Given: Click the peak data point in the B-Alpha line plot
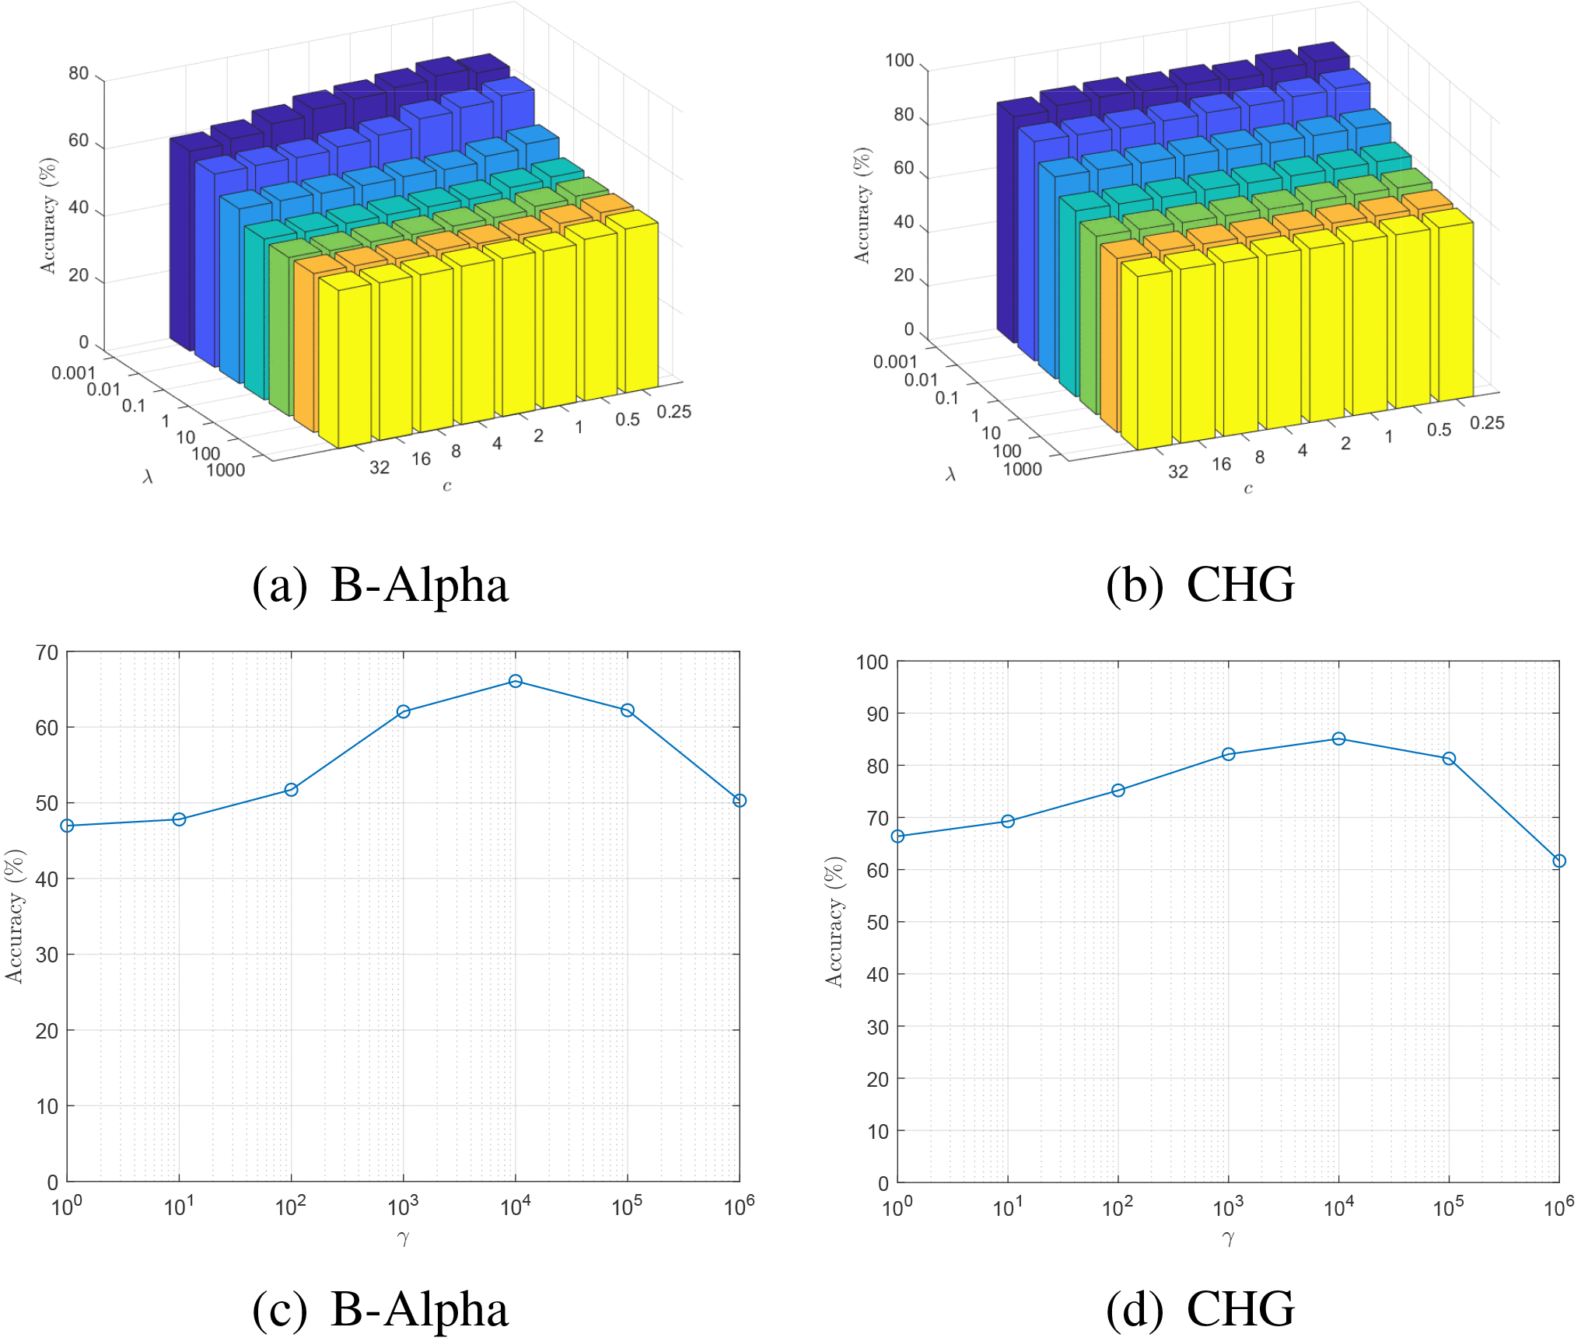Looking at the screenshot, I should (x=515, y=681).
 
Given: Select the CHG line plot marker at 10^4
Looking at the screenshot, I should (x=1338, y=739).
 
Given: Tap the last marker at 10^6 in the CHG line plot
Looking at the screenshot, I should (x=1558, y=861).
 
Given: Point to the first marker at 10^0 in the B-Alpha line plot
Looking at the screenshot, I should (x=68, y=826).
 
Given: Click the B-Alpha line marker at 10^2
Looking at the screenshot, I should (x=292, y=790).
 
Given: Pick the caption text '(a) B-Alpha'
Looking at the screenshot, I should (x=380, y=585).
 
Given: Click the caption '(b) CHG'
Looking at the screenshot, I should (x=1200, y=585).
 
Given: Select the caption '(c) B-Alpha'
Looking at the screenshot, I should (x=380, y=1309).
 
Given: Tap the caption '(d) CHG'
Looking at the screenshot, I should (x=1200, y=1309).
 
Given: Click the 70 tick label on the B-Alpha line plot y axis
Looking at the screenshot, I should (x=47, y=653).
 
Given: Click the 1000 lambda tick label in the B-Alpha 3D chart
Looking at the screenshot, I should (x=226, y=470).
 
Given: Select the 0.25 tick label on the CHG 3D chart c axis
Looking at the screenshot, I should (x=1487, y=423).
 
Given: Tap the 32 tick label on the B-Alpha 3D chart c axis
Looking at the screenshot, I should (x=380, y=467).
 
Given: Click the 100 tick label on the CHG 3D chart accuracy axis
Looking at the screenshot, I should (x=899, y=61).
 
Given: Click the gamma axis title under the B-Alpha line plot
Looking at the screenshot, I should (x=403, y=1238).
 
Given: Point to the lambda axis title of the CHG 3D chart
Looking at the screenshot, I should (x=950, y=473).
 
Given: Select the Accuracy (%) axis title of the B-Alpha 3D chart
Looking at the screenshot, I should (x=48, y=215).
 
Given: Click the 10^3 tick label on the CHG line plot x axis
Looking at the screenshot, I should (x=1228, y=1207).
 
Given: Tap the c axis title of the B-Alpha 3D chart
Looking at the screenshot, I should (x=447, y=487).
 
